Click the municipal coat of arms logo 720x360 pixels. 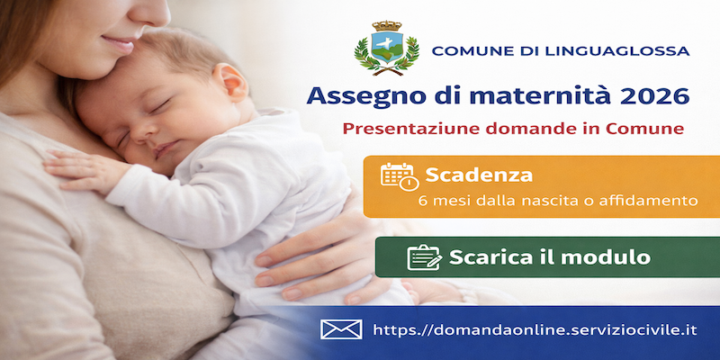[387, 48]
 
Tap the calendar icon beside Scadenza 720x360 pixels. [400, 176]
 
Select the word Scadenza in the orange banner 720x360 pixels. [479, 175]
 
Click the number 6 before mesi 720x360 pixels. [423, 201]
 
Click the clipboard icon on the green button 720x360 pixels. [424, 257]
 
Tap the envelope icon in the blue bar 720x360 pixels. [341, 329]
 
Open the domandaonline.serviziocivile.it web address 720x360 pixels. [535, 329]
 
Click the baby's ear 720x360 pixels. [230, 82]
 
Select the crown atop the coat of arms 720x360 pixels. [387, 26]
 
